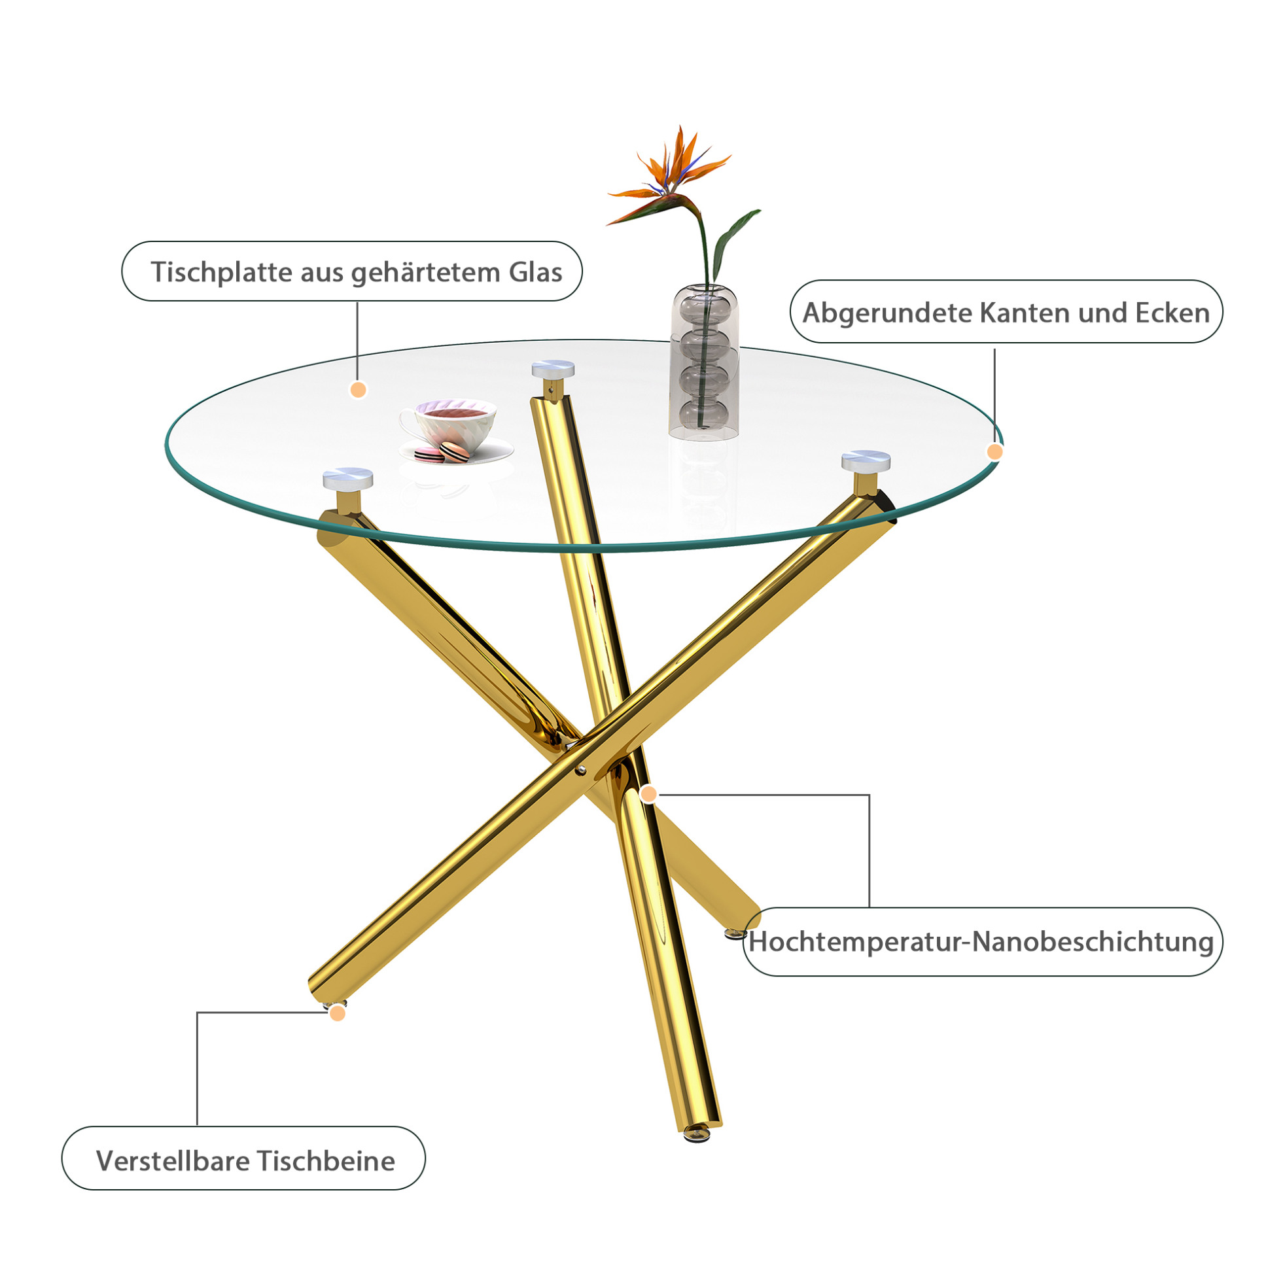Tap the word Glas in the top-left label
tap(536, 272)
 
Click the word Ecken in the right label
tap(1172, 313)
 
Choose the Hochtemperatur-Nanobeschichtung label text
tap(981, 942)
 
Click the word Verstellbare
tap(173, 1161)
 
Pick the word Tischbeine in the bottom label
tap(326, 1161)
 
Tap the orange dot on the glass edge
tap(994, 452)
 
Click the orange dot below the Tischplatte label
tap(358, 390)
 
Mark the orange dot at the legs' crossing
tap(648, 794)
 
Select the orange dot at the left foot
tap(338, 1013)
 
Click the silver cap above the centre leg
tap(553, 368)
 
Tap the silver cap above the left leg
tap(347, 478)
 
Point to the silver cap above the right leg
tap(866, 461)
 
